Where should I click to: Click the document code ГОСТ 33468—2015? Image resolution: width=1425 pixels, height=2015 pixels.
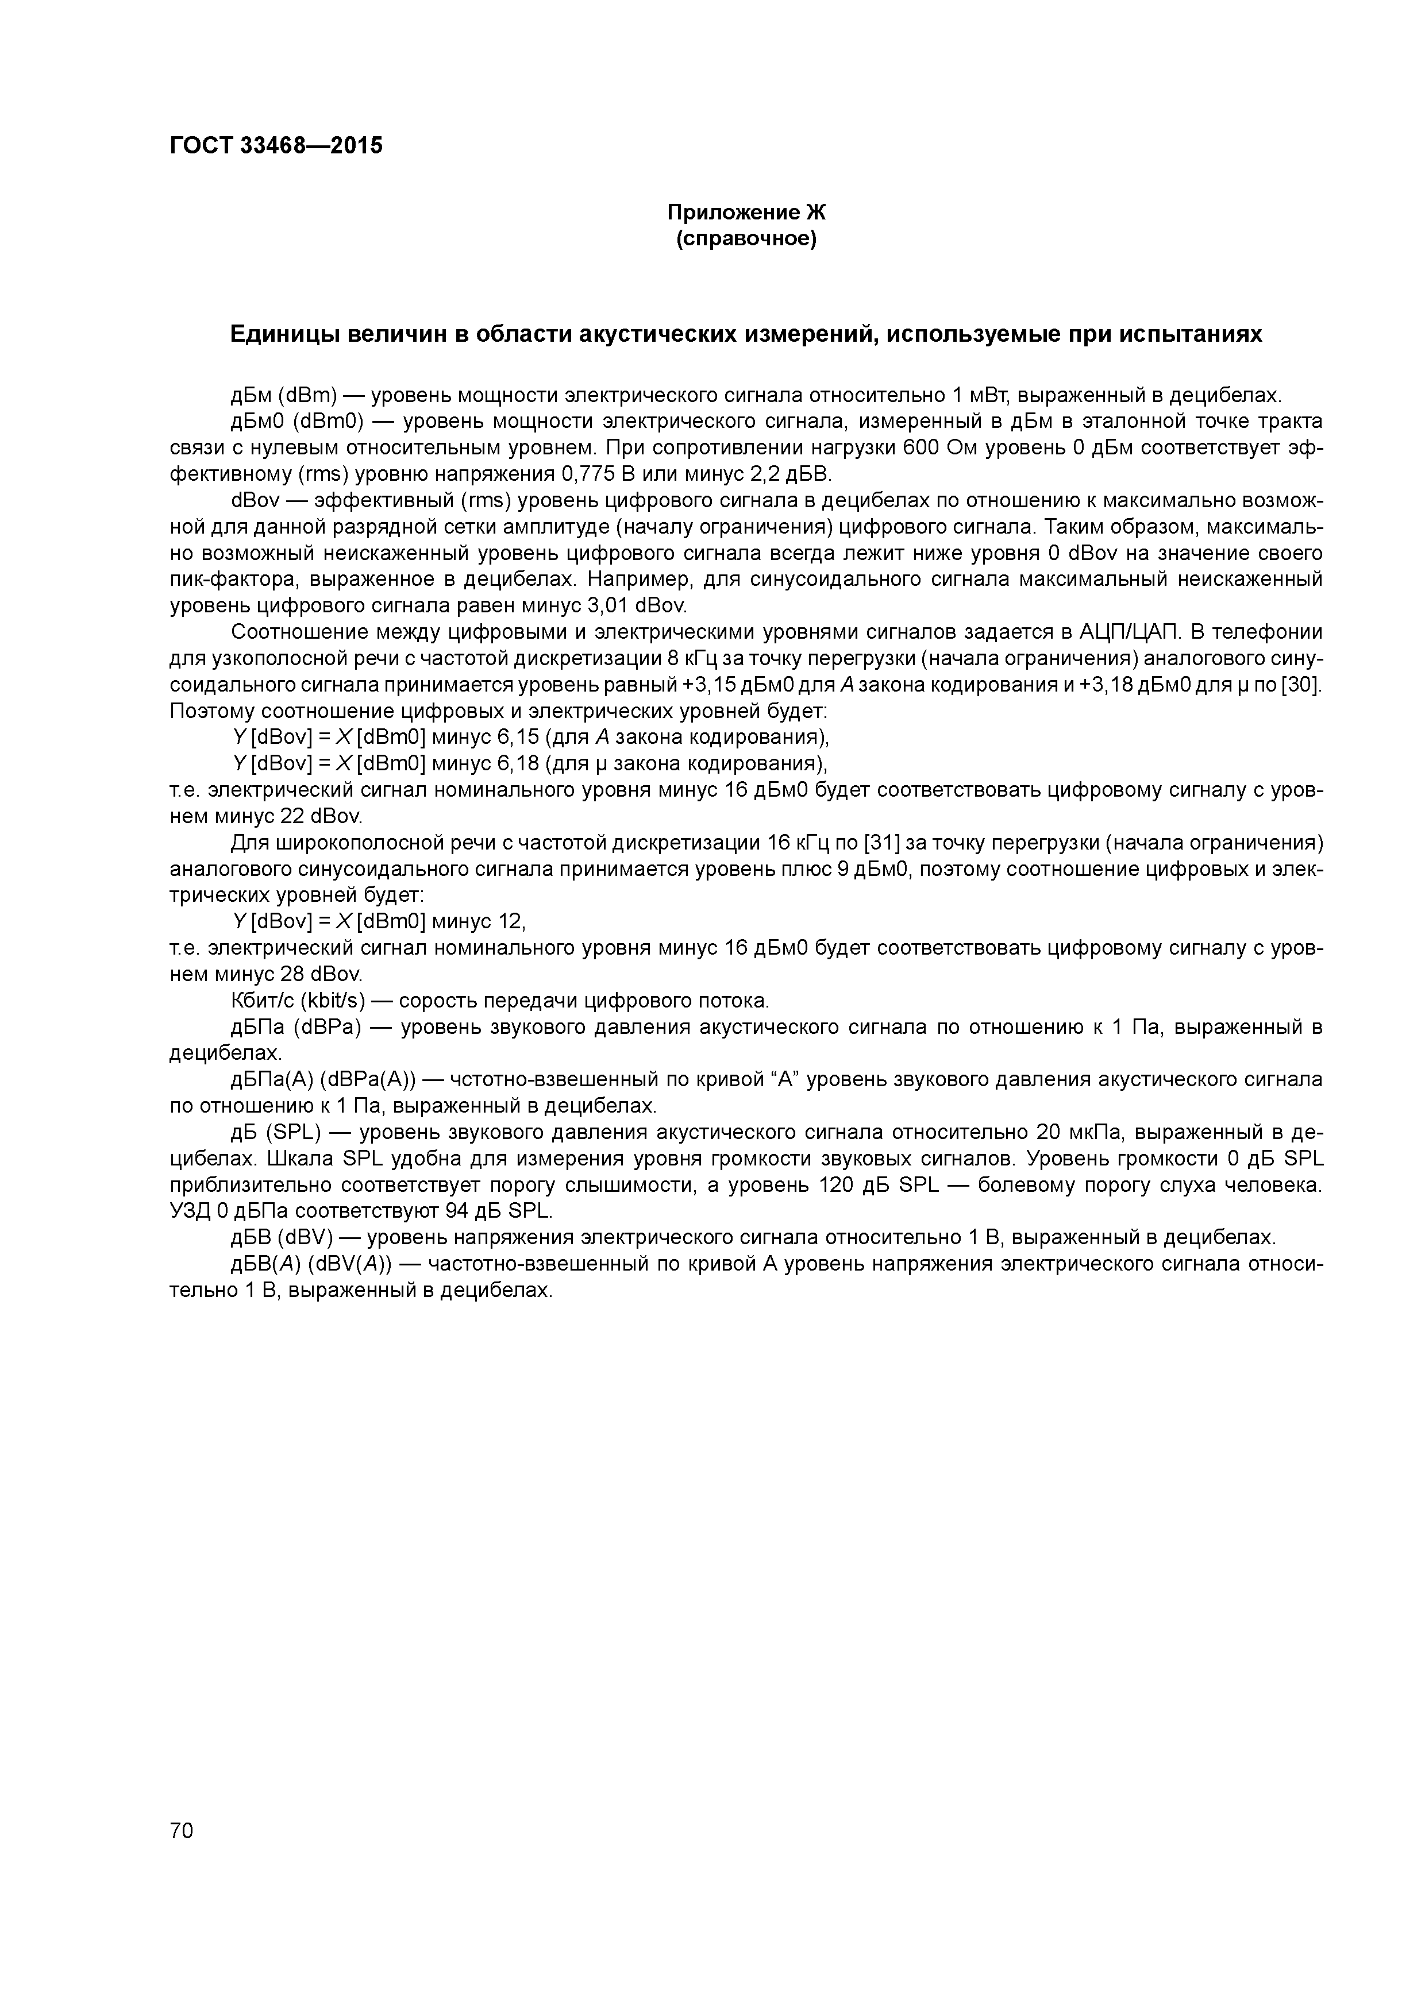(x=276, y=146)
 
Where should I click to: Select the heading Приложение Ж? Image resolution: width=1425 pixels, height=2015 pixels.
(x=746, y=213)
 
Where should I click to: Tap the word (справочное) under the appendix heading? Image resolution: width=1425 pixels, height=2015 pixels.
(x=746, y=239)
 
